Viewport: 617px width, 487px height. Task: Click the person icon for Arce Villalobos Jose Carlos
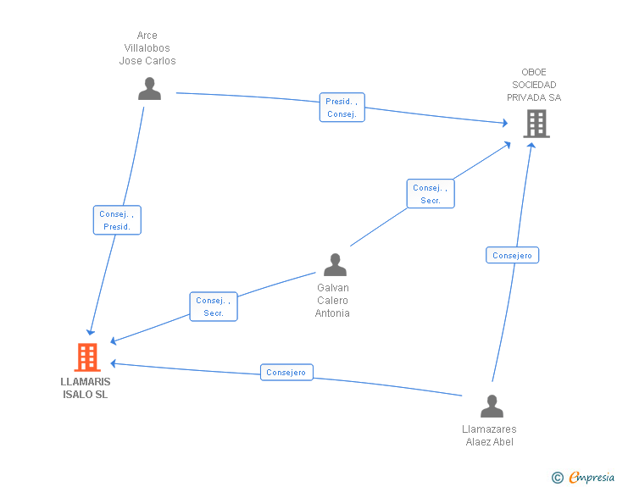[x=149, y=89]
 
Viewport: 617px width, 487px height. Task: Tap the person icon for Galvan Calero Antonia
[x=336, y=264]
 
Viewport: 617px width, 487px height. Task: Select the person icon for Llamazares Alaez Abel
[x=492, y=406]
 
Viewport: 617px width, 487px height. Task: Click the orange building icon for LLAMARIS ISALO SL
[x=87, y=357]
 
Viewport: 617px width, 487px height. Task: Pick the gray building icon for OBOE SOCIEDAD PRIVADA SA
[x=536, y=124]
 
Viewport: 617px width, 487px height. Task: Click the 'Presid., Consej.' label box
[x=342, y=108]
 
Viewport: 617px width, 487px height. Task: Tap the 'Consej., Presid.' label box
[x=117, y=220]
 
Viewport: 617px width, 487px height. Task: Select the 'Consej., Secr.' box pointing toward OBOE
[x=431, y=194]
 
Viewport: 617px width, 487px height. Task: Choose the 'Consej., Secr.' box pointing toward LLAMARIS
[x=214, y=307]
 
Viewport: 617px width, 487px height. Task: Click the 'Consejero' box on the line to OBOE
[x=512, y=255]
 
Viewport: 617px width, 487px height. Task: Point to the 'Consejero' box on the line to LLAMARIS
[x=286, y=372]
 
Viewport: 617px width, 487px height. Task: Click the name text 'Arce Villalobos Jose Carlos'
[x=147, y=48]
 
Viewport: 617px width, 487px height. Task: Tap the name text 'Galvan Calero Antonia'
[x=332, y=300]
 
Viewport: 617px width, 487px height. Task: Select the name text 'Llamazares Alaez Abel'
[x=489, y=435]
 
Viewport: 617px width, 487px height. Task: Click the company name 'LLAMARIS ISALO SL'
[x=86, y=388]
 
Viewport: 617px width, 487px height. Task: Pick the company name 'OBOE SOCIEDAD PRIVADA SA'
[x=534, y=85]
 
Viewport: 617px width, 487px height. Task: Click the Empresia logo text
[x=592, y=477]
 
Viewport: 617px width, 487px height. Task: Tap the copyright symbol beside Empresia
[x=558, y=478]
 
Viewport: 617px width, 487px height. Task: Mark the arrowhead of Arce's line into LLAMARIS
[x=91, y=332]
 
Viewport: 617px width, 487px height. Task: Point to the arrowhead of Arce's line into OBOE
[x=505, y=123]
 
